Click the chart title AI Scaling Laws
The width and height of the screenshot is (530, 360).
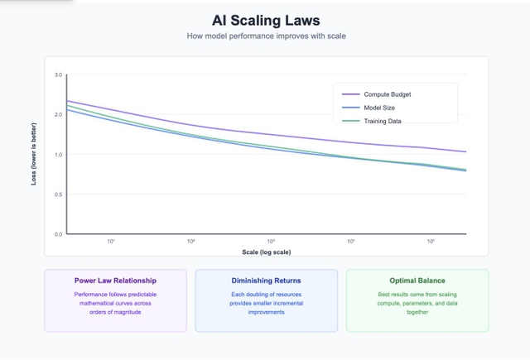265,21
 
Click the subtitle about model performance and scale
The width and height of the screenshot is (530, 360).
265,36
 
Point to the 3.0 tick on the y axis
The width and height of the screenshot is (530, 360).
59,75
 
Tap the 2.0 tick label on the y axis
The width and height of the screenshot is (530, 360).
59,115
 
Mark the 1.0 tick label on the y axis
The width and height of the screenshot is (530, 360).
59,155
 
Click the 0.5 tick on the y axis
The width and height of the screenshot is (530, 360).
59,194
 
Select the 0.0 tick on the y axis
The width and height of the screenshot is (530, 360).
59,234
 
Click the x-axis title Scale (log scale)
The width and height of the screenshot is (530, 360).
265,252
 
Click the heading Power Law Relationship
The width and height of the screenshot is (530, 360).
115,281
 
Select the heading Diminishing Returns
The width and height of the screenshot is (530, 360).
266,281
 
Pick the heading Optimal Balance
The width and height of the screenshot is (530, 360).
417,281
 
